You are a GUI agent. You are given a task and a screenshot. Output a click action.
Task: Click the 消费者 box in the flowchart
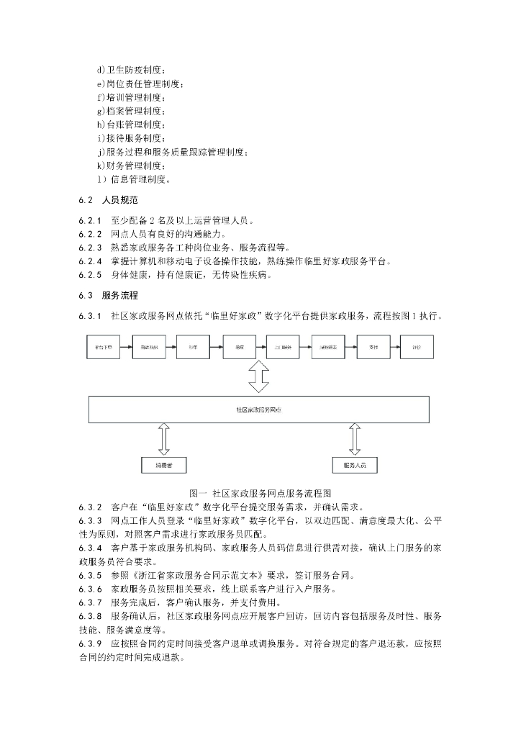(164, 466)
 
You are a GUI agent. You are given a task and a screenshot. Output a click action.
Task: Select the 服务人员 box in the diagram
(355, 466)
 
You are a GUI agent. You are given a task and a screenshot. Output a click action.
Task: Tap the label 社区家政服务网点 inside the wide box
(258, 409)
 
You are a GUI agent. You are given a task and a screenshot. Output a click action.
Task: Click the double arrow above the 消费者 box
(164, 439)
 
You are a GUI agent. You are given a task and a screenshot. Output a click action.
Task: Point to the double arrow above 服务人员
(355, 439)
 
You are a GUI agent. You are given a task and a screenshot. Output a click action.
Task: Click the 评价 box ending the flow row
(417, 347)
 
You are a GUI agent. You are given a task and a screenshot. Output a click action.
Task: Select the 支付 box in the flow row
(373, 347)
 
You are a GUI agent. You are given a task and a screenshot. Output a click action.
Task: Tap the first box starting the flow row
(107, 347)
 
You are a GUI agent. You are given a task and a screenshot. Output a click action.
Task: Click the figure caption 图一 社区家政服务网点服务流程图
(259, 493)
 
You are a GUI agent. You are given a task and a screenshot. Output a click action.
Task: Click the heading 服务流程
(119, 295)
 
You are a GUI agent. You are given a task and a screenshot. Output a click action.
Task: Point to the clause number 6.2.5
(90, 274)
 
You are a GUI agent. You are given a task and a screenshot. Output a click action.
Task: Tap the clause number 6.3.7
(90, 602)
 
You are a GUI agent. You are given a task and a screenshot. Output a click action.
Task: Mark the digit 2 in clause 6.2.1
(145, 220)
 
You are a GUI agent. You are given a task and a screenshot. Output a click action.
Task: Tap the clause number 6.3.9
(90, 643)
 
